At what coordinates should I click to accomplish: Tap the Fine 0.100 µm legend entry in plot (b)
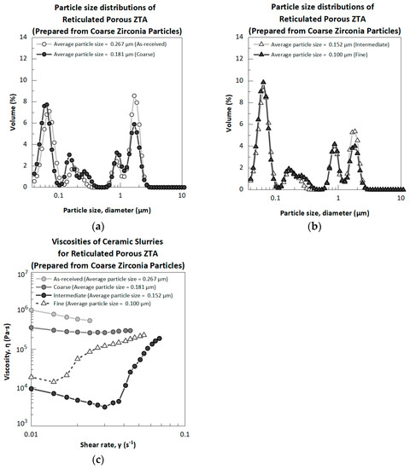315,52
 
